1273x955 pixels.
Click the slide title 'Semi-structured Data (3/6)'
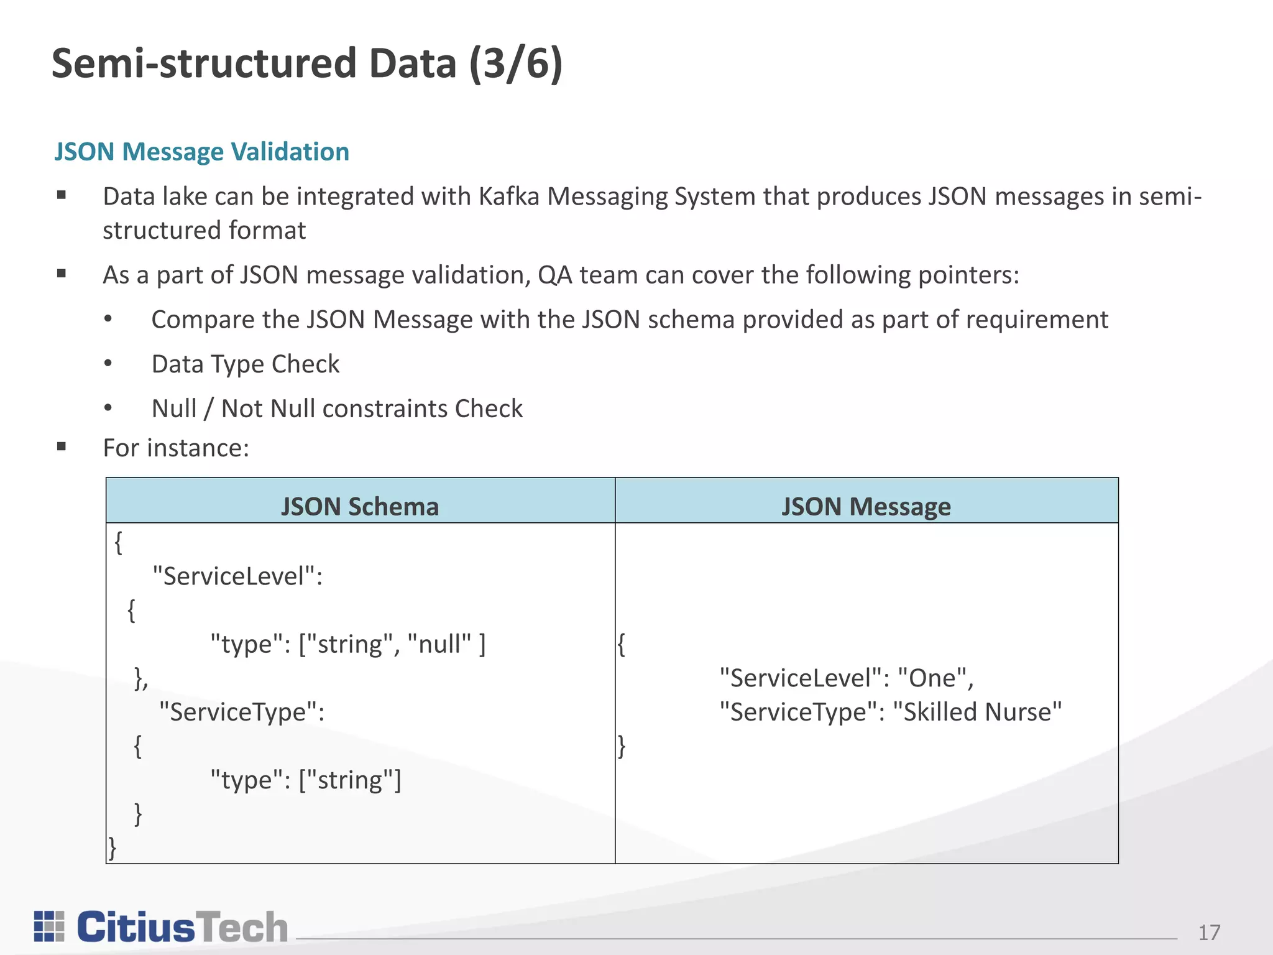point(307,63)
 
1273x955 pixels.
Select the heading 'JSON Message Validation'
point(201,152)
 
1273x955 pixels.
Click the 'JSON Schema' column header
point(360,506)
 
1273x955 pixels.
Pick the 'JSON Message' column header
point(866,506)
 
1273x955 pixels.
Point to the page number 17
point(1209,932)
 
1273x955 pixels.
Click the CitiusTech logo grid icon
point(49,926)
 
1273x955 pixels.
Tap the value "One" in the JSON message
point(932,678)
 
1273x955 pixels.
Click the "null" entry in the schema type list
point(439,644)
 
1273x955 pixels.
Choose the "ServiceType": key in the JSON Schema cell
point(242,712)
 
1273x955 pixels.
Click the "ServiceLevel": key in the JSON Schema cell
point(237,576)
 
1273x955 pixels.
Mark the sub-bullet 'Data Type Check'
point(246,364)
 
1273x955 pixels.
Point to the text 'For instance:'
point(176,448)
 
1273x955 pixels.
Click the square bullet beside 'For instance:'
point(62,446)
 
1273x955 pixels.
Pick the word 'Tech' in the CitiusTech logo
point(242,927)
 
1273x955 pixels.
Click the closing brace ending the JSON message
point(622,745)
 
